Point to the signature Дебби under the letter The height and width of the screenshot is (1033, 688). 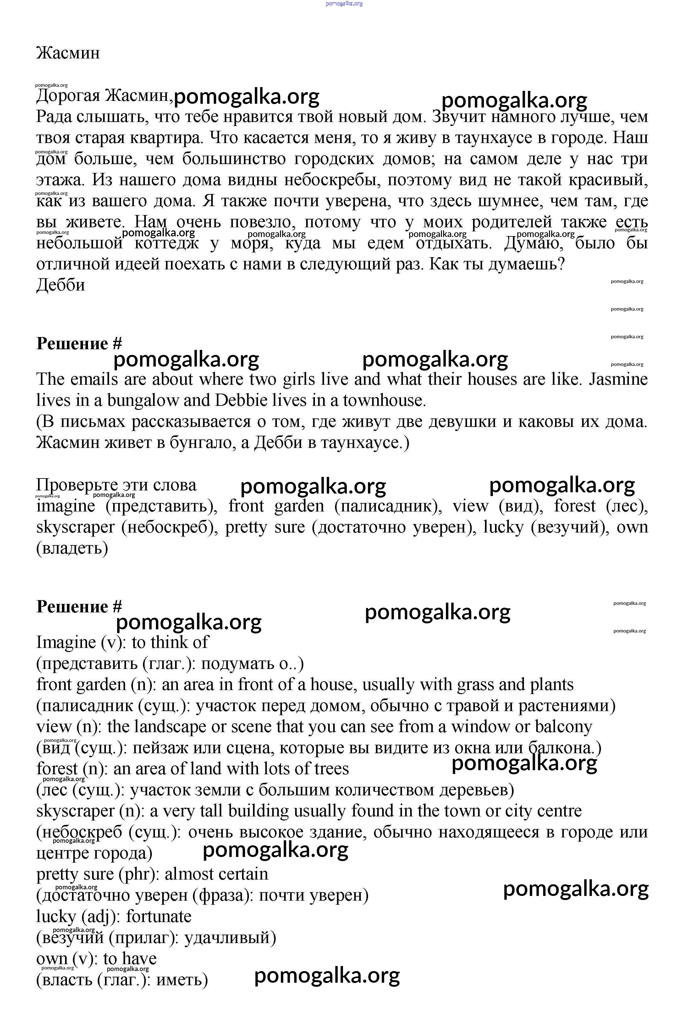(x=61, y=285)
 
